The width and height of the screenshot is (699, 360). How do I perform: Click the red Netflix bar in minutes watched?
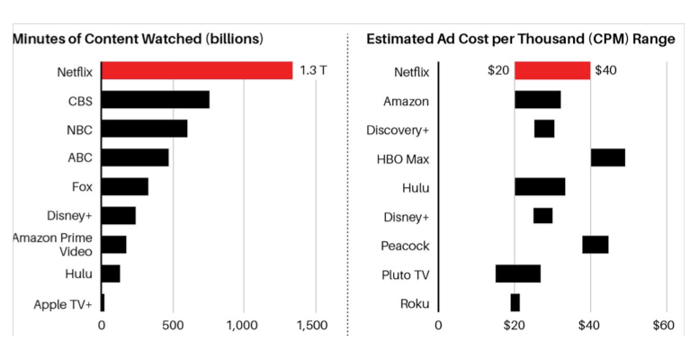197,71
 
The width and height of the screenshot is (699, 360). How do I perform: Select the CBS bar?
156,100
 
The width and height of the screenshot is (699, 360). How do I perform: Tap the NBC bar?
145,129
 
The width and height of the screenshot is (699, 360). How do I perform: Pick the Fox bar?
125,187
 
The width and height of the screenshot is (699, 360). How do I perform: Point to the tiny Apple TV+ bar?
103,303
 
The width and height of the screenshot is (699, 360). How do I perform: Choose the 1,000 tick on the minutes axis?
243,325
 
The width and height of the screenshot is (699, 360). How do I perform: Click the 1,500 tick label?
313,325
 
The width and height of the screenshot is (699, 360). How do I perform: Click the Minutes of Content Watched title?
137,39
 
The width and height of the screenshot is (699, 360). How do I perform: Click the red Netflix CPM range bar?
552,71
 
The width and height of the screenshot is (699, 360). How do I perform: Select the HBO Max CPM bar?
607,158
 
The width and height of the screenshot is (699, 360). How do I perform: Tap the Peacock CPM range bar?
595,245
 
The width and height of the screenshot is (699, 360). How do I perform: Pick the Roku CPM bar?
515,303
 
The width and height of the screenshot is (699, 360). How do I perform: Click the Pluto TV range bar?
518,274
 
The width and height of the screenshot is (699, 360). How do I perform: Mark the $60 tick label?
664,325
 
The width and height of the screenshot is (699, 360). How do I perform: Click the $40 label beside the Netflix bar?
605,71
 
